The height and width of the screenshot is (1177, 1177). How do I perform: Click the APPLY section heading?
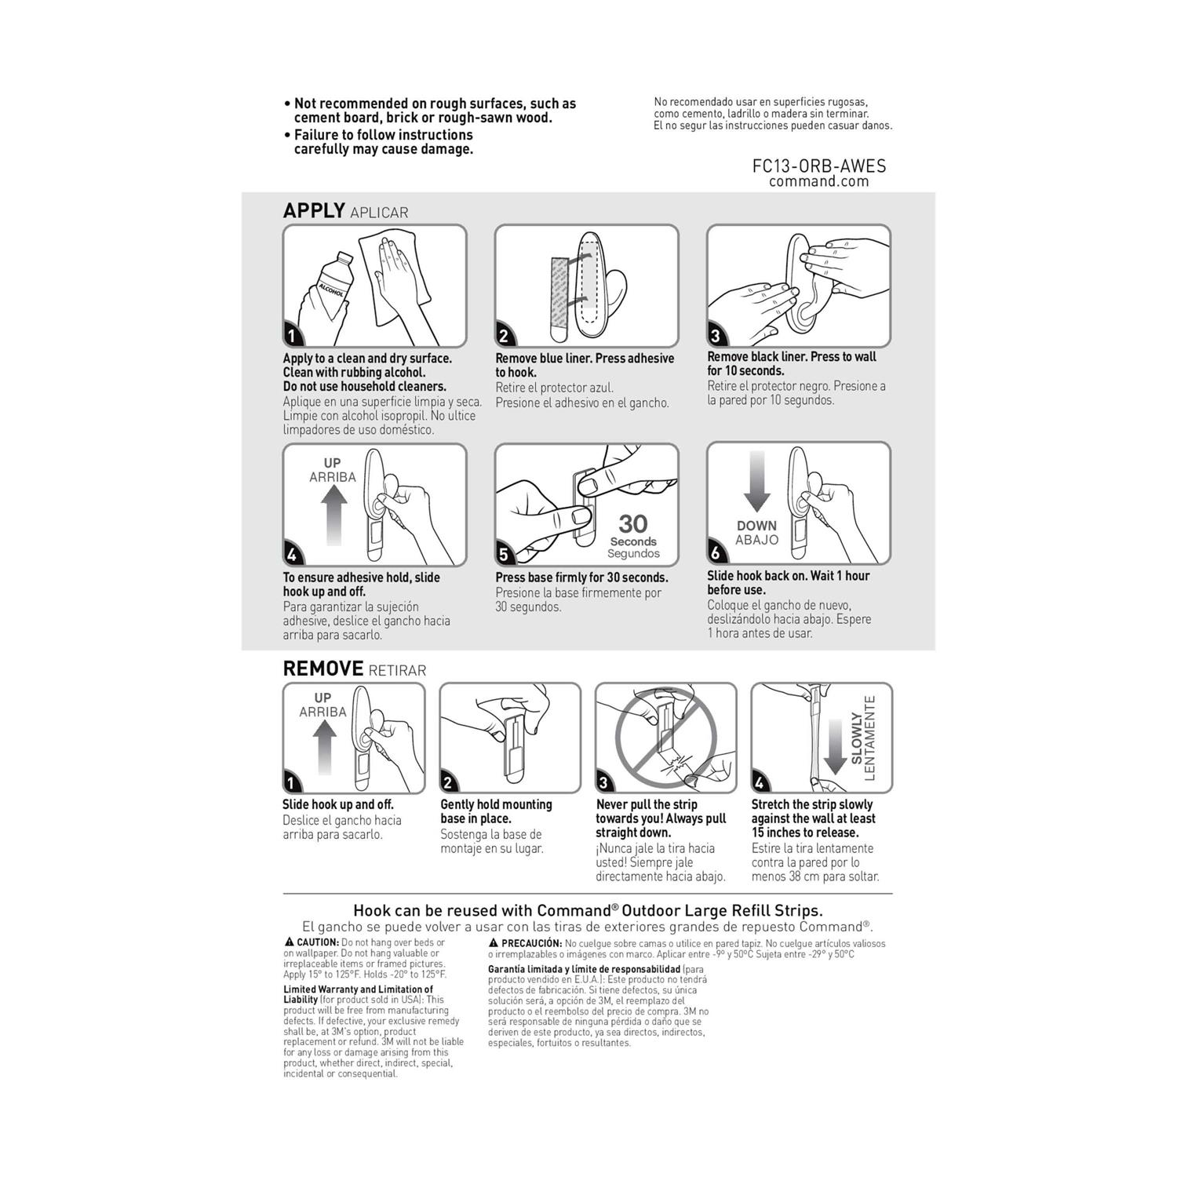[x=314, y=210]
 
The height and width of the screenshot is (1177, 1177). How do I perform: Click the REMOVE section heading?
[x=322, y=669]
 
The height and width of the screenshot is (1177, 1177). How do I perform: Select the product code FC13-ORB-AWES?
[x=818, y=166]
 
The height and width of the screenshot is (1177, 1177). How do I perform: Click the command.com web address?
[x=818, y=181]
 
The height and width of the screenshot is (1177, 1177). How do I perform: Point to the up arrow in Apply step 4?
[x=333, y=514]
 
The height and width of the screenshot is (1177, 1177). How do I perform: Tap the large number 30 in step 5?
[x=632, y=523]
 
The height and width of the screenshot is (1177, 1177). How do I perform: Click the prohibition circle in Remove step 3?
[x=665, y=737]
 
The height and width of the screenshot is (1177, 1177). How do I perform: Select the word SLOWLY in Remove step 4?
[x=857, y=738]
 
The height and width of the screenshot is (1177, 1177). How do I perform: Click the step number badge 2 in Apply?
[x=504, y=336]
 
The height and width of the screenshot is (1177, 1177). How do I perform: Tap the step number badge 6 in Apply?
[x=716, y=552]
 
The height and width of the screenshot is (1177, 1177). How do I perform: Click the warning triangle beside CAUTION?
[x=289, y=942]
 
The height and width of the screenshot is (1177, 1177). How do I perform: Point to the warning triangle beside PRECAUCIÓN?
[x=494, y=942]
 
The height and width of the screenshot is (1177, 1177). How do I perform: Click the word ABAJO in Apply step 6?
[x=756, y=540]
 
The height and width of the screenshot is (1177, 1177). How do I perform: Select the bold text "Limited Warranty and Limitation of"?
[x=358, y=989]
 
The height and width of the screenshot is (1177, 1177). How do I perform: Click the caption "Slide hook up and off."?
[x=337, y=804]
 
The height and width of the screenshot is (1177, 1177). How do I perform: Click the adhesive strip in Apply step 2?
[x=559, y=298]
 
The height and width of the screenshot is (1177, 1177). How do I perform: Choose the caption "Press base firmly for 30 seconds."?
[x=581, y=578]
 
